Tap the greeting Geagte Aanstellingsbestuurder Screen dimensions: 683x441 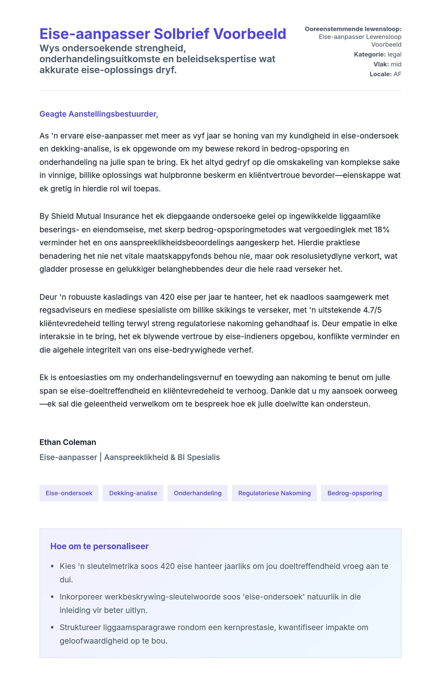tap(99, 114)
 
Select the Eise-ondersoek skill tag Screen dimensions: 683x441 tap(69, 493)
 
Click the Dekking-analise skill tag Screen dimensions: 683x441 tap(133, 493)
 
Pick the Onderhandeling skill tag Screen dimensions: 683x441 tap(198, 493)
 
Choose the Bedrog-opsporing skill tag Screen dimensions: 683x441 tap(354, 493)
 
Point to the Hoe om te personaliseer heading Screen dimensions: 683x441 tap(99, 546)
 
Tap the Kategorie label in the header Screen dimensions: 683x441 tap(369, 54)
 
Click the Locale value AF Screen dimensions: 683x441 tap(397, 74)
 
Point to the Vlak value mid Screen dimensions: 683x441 tap(396, 64)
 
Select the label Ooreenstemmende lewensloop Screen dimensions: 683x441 tap(353, 29)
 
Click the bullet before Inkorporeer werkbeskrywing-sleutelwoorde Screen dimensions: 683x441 tap(52, 597)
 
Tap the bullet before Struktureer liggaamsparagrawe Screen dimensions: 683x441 tap(52, 628)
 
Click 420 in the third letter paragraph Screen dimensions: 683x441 tap(167, 297)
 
